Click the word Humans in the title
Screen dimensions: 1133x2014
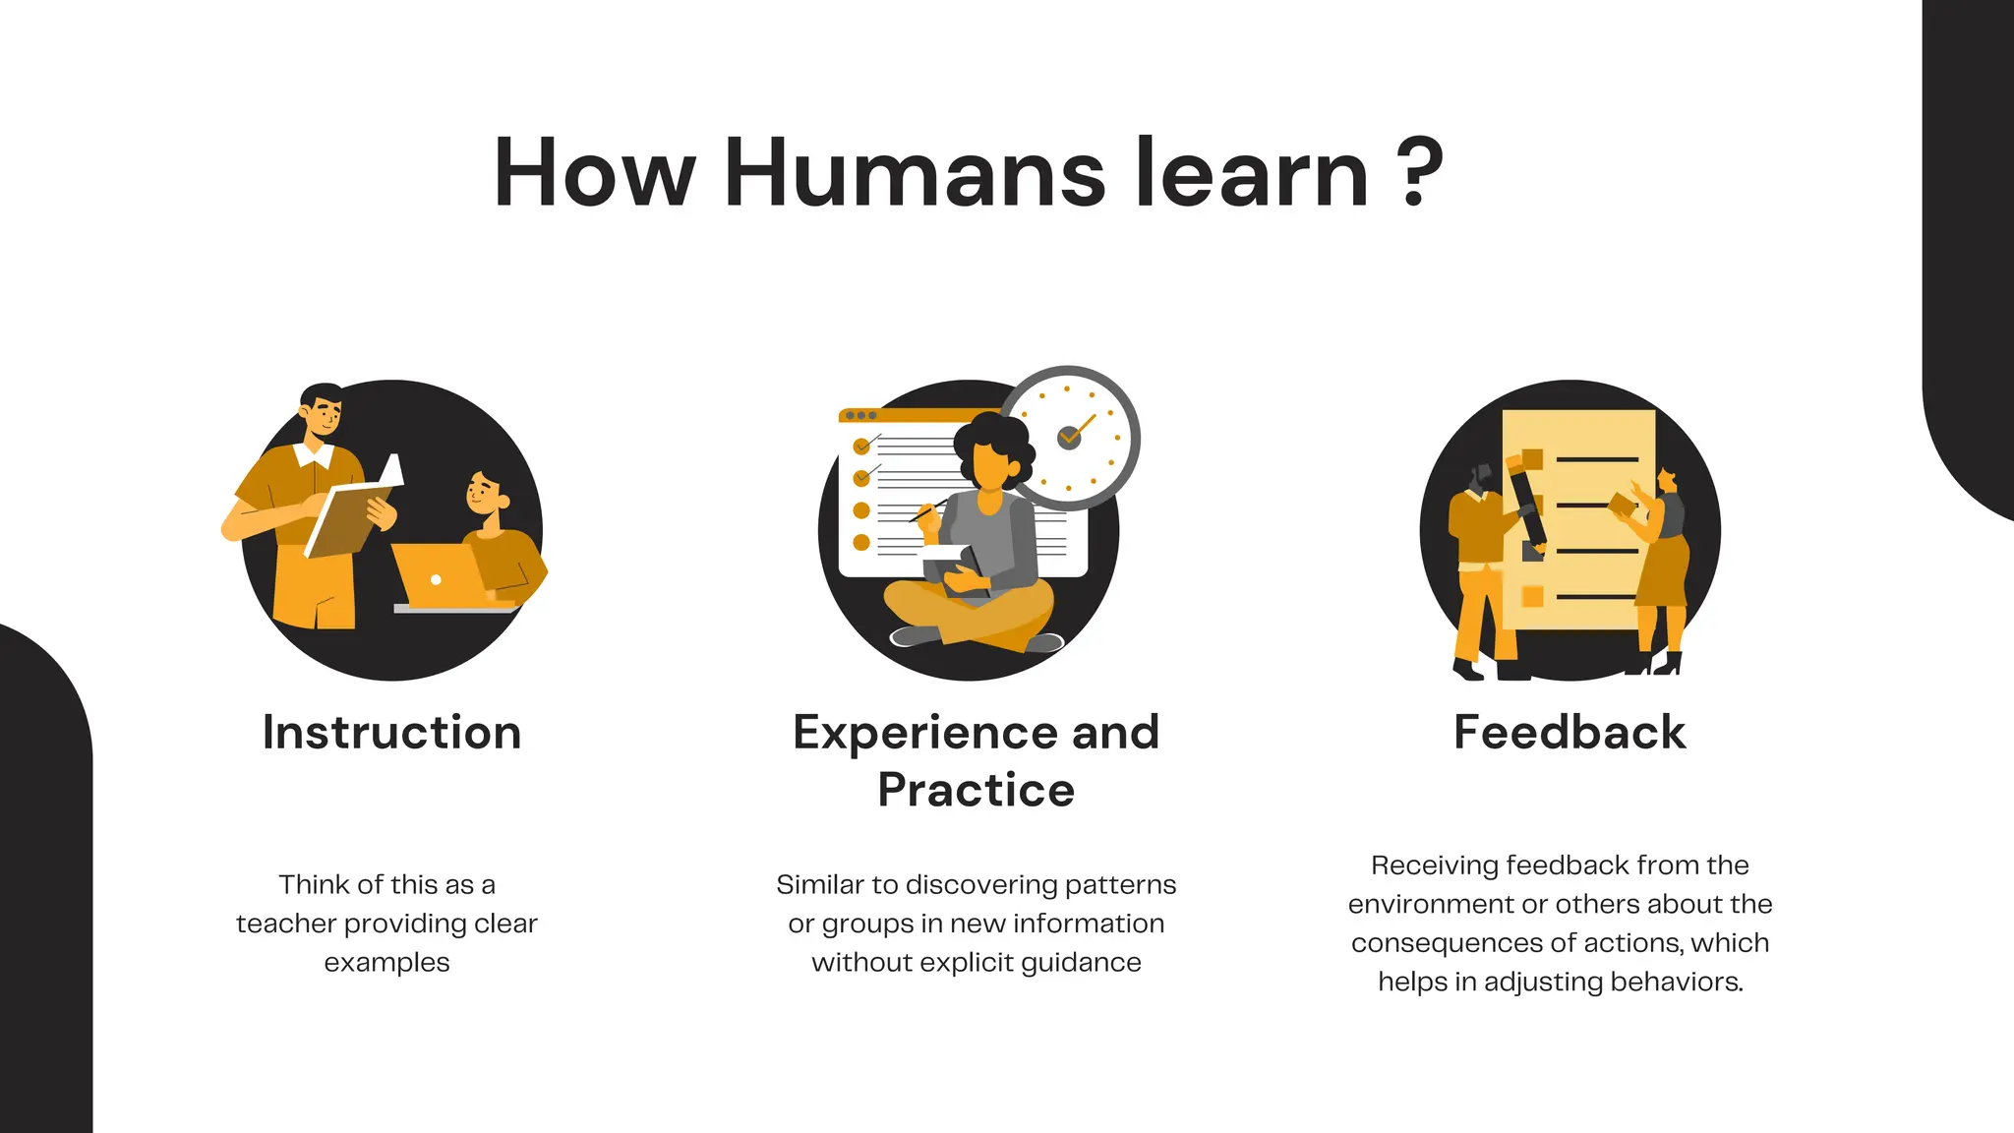[915, 174]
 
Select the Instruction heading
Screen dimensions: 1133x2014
[391, 733]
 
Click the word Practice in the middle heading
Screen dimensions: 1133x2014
[976, 790]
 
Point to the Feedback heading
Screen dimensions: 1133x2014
[1570, 733]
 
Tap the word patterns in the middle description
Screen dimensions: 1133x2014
[1120, 885]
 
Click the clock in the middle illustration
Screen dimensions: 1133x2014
[1070, 438]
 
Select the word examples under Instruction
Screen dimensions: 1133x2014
[386, 963]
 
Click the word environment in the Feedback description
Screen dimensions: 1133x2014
[1429, 904]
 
